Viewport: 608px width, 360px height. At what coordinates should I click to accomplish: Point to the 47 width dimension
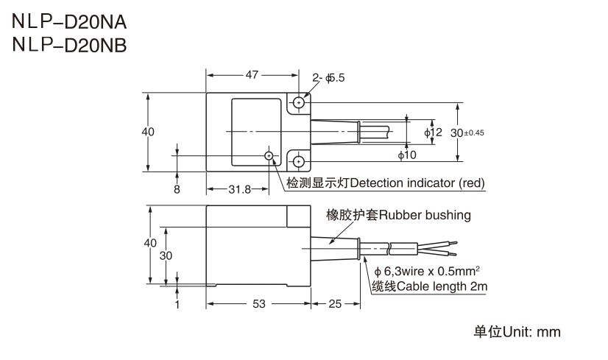click(x=252, y=75)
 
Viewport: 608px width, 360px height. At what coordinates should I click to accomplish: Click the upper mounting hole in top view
click(x=298, y=103)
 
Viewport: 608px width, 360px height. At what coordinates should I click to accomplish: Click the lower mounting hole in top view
click(x=298, y=161)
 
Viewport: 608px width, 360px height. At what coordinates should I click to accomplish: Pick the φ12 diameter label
click(x=433, y=132)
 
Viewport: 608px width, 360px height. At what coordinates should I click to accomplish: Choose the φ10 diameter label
click(x=407, y=155)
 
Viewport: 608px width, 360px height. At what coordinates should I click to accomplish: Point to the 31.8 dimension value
click(x=239, y=189)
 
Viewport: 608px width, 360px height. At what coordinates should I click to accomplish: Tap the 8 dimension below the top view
click(x=177, y=189)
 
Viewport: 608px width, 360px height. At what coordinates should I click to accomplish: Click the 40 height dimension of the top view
click(x=148, y=132)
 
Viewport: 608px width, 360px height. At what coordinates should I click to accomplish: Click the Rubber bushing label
click(x=399, y=216)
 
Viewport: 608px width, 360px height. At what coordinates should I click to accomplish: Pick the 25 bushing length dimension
click(x=335, y=303)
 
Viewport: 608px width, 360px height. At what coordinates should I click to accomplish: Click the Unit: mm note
click(x=517, y=332)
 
